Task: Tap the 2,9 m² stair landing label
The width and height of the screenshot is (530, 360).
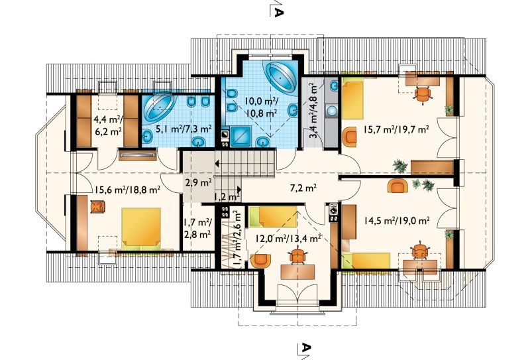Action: coord(198,183)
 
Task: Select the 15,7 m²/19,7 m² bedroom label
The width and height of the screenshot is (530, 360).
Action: coord(396,129)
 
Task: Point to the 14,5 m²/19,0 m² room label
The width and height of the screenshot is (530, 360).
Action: coord(397,221)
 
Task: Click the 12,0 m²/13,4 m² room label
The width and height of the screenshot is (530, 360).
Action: coord(288,239)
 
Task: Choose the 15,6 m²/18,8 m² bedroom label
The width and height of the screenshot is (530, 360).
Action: coord(127,190)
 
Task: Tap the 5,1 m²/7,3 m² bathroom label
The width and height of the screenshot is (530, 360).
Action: coord(184,129)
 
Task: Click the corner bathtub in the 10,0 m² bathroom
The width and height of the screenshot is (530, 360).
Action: coord(281,77)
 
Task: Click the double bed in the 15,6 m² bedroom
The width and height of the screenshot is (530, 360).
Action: coord(140,229)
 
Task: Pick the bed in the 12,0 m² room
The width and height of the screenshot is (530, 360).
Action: coord(273,217)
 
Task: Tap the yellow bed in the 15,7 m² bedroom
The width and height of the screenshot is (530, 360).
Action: coord(352,99)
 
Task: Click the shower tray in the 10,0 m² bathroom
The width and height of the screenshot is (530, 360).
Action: coord(240,137)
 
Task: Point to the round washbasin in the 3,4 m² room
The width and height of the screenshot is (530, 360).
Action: coord(332,110)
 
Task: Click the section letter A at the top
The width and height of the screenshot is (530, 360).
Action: coord(278,13)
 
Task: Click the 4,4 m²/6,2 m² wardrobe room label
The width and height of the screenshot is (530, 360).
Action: coord(107,125)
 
